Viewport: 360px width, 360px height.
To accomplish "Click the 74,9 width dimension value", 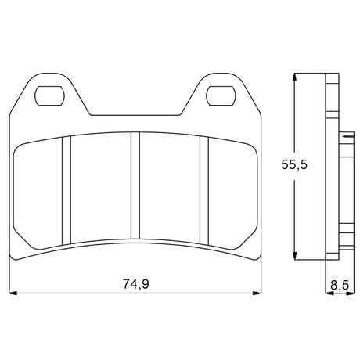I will [135, 284].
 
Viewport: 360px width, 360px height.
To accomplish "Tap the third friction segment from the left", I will [170, 188].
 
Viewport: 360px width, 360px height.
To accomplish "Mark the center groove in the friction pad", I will [135, 188].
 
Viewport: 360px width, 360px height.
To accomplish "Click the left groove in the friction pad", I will [67, 188].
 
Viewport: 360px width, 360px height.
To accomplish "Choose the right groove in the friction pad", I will [204, 188].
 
